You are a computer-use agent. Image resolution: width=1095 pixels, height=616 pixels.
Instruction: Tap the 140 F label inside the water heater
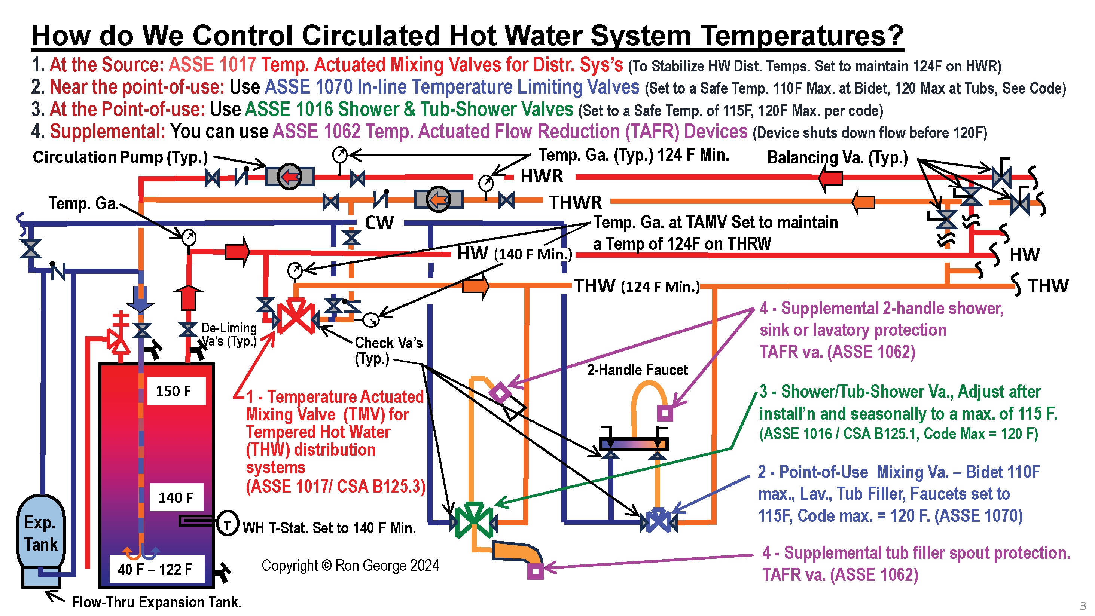(176, 497)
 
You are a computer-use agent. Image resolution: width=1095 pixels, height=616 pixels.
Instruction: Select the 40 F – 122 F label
(155, 569)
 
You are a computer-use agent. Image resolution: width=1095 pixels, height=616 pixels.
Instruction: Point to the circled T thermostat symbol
(228, 523)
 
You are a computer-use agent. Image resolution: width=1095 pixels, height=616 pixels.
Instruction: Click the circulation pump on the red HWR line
(290, 176)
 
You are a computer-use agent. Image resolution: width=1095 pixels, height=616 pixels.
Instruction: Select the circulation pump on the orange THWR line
(439, 199)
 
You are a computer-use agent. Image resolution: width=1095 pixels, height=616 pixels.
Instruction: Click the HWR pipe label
(542, 176)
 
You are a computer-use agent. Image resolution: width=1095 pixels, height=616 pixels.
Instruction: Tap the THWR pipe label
(575, 202)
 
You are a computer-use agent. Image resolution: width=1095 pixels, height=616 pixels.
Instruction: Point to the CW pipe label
(379, 223)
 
